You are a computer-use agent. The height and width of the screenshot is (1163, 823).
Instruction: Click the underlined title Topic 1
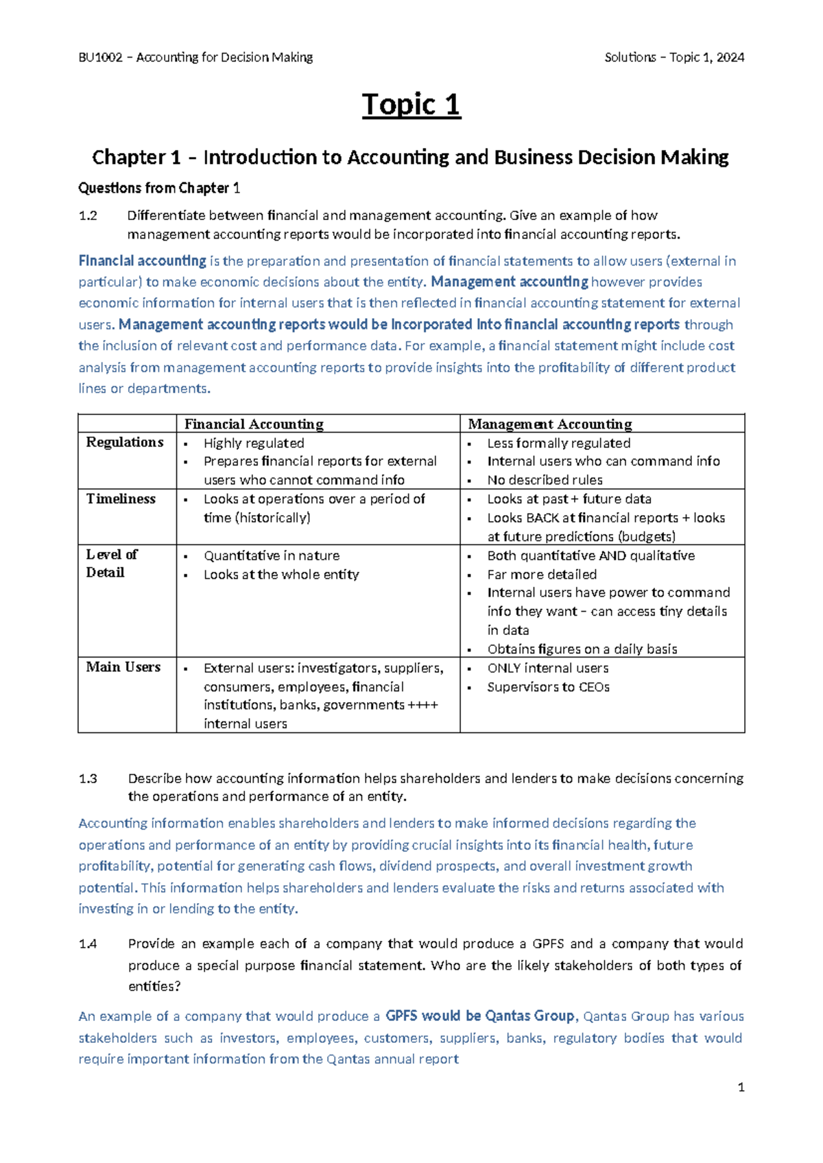tap(411, 105)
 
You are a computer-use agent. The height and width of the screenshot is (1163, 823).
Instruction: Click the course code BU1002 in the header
tap(100, 58)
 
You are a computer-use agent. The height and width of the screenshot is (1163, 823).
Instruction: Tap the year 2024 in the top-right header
tap(729, 58)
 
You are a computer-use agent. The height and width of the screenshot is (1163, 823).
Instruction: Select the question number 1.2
tap(88, 215)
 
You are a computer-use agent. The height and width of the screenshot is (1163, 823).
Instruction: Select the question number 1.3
tap(88, 778)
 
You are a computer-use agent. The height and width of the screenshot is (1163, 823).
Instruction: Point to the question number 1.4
tap(88, 944)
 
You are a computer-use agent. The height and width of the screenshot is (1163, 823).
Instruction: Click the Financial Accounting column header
tap(254, 424)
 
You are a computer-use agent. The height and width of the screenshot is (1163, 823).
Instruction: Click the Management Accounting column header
tap(549, 424)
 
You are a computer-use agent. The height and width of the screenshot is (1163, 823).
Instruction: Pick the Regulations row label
tap(125, 442)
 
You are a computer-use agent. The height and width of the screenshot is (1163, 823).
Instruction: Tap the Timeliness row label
tap(121, 499)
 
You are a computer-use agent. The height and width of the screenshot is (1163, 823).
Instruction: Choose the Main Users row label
tap(123, 667)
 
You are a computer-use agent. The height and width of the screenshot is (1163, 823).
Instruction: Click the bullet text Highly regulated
tap(254, 443)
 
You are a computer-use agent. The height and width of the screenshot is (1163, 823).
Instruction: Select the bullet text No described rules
tap(545, 480)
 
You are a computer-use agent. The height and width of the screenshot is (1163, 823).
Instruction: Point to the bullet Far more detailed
tap(542, 574)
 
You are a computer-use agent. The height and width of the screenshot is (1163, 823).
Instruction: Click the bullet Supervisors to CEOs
tap(548, 686)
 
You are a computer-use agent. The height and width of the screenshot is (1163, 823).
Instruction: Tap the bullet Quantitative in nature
tap(272, 555)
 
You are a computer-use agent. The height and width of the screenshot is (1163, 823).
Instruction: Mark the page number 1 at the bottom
tap(741, 1087)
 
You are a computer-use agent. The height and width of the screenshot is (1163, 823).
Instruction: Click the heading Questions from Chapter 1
tap(159, 188)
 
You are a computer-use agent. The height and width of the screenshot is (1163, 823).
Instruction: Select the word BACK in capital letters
tap(542, 518)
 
